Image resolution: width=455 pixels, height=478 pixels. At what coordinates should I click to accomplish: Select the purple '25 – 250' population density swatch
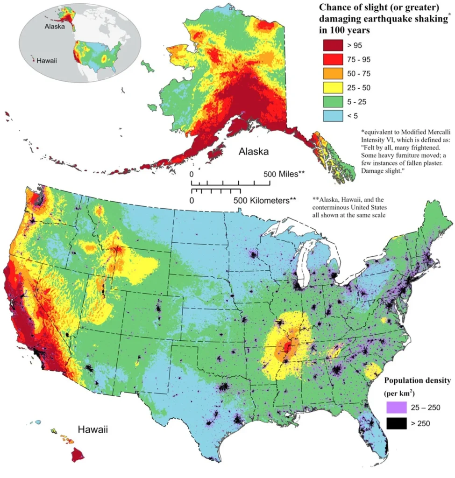(x=397, y=408)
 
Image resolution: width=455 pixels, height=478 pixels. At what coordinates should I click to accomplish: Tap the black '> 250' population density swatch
(x=397, y=423)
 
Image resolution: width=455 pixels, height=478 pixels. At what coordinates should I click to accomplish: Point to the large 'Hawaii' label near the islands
(x=92, y=429)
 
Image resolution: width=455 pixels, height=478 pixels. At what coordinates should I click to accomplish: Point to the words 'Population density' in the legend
(x=418, y=380)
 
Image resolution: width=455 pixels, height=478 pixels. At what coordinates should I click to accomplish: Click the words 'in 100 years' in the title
(x=344, y=30)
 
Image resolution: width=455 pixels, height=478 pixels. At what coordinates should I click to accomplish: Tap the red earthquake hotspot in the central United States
(x=287, y=346)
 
